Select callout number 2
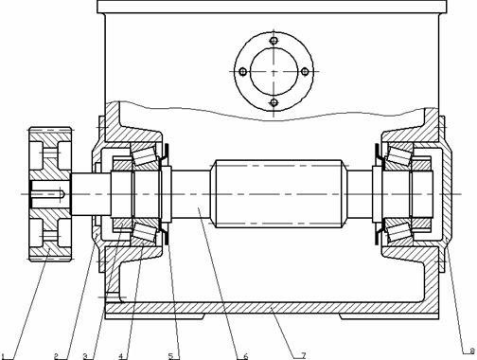[56, 355]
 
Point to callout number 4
[120, 355]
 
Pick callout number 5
[171, 355]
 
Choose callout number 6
[245, 355]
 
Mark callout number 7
[304, 355]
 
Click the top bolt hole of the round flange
[274, 42]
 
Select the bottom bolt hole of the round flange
[274, 102]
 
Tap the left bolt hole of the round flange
[243, 72]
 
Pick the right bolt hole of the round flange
[304, 72]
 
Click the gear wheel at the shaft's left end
[46, 192]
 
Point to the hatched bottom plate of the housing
[274, 309]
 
